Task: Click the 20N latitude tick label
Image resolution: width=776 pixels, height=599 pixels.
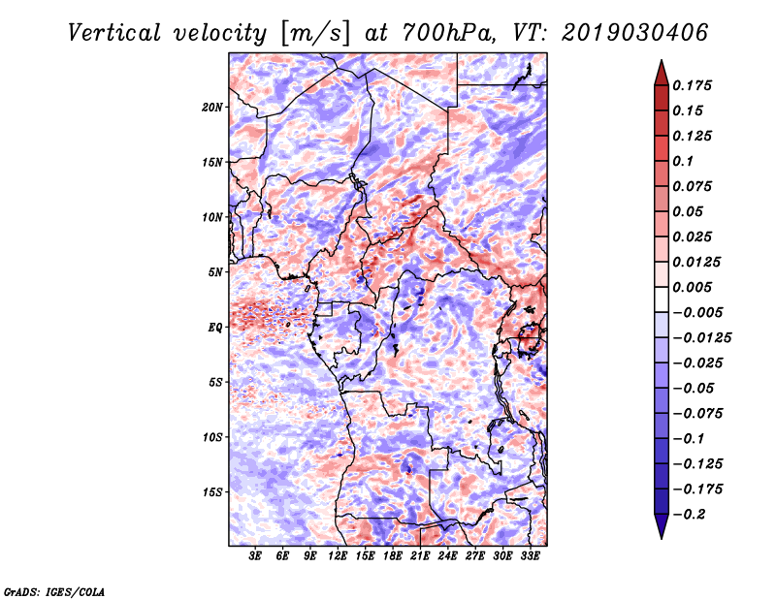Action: [211, 108]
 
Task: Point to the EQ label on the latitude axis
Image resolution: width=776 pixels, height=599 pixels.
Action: [215, 328]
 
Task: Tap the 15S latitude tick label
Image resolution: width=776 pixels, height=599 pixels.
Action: [211, 492]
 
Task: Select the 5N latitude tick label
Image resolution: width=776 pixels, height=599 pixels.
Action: [215, 272]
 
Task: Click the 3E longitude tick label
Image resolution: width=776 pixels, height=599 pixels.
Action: [255, 556]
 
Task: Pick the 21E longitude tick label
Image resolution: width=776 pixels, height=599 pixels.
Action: [420, 556]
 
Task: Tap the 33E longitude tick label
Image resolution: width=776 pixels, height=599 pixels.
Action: [530, 556]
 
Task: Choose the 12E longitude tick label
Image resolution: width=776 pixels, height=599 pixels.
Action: [338, 556]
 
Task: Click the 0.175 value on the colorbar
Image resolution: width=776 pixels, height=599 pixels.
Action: [692, 85]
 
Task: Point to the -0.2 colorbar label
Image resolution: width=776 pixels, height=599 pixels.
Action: [689, 515]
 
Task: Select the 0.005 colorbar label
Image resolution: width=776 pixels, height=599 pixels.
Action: [692, 287]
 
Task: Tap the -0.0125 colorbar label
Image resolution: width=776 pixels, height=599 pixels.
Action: [701, 338]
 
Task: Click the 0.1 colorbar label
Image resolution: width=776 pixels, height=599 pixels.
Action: [683, 161]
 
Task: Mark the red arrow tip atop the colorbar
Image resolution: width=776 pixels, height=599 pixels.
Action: [662, 61]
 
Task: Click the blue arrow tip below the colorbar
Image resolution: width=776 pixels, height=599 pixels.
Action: [662, 538]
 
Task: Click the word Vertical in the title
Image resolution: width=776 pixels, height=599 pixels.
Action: [114, 33]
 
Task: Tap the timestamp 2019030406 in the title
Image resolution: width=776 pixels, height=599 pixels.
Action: [634, 33]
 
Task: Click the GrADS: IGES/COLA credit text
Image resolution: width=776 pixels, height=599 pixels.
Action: [54, 591]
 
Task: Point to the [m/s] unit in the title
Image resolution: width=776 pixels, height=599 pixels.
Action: [314, 34]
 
